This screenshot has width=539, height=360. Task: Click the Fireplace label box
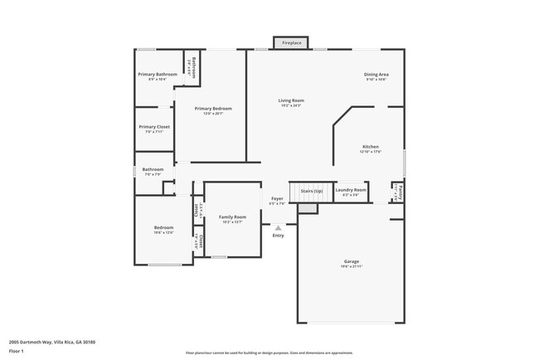click(x=291, y=41)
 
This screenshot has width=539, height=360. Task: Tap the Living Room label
click(x=291, y=100)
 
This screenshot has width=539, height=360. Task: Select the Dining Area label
click(x=376, y=75)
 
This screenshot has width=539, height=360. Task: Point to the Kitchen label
click(x=370, y=146)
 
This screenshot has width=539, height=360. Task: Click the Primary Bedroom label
click(x=213, y=109)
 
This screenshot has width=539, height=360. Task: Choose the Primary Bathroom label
click(x=158, y=75)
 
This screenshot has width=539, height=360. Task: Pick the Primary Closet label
click(x=154, y=127)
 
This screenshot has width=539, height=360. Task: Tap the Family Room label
click(x=232, y=216)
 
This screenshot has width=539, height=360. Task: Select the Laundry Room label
click(x=351, y=190)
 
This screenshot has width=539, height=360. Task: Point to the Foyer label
click(x=278, y=198)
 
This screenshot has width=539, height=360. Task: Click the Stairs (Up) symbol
click(x=310, y=192)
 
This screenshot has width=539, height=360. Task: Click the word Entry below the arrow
click(x=279, y=236)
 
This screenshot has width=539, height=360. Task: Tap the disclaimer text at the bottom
click(x=269, y=353)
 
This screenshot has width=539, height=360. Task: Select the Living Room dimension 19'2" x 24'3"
click(x=291, y=105)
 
